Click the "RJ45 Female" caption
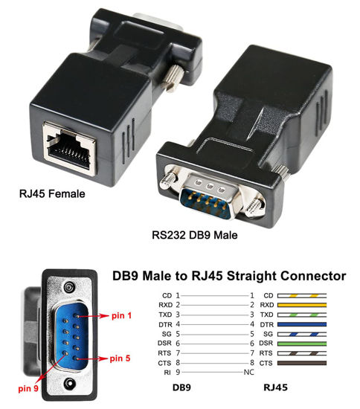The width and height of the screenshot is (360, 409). click(53, 196)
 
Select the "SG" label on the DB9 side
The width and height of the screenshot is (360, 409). click(167, 335)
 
